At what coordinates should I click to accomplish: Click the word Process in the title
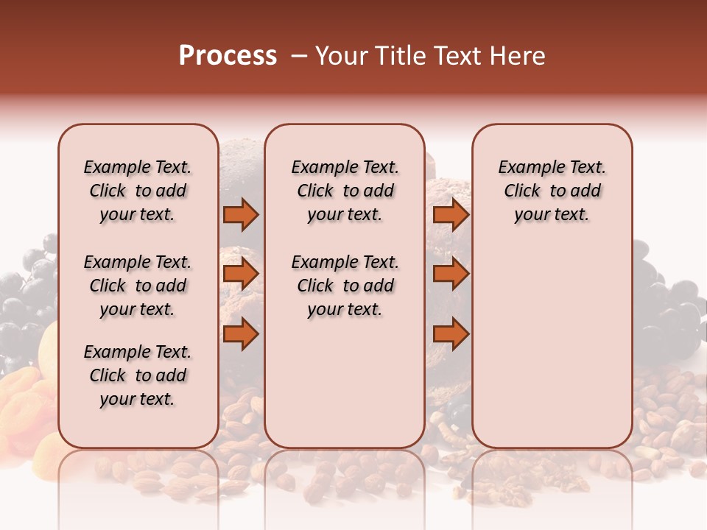(x=228, y=56)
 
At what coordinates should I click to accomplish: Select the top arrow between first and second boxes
(x=241, y=214)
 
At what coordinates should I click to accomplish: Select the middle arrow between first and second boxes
(x=241, y=274)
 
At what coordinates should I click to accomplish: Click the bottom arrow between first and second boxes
(x=241, y=334)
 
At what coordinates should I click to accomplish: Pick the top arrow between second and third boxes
(x=451, y=214)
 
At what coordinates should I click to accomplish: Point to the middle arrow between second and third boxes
(x=451, y=274)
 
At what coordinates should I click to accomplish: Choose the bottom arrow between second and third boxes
(x=451, y=334)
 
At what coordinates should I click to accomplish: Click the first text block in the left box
(x=138, y=191)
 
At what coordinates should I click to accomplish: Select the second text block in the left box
(x=138, y=286)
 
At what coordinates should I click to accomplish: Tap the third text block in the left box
(x=138, y=375)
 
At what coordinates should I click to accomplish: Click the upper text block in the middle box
(x=345, y=191)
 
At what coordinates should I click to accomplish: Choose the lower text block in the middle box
(x=345, y=286)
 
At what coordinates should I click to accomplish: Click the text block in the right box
(x=552, y=191)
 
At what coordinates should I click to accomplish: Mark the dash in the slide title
(x=299, y=56)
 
